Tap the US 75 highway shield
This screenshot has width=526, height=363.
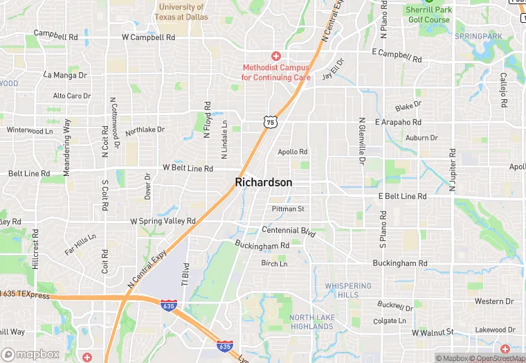[271, 122]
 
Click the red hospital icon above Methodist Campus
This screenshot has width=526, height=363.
[276, 55]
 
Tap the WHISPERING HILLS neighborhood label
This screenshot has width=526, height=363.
[348, 290]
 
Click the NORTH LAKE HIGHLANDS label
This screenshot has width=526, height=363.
[312, 321]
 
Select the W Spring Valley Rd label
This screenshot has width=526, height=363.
[163, 221]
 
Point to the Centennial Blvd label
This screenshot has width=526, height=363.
[289, 231]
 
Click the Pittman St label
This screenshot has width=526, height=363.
[288, 209]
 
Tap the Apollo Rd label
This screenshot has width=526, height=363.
[292, 152]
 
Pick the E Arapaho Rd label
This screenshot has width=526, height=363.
[398, 122]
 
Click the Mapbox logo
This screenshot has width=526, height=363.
[30, 354]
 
